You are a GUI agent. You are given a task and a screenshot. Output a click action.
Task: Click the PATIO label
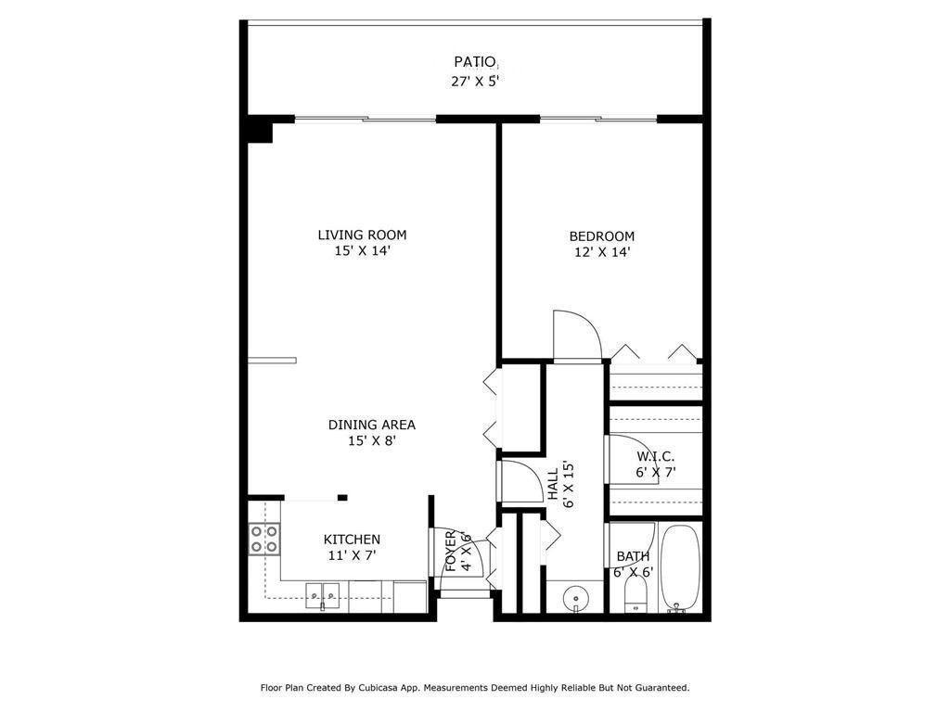pyautogui.click(x=474, y=62)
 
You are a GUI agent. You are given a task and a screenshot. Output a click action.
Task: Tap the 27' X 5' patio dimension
pyautogui.click(x=474, y=81)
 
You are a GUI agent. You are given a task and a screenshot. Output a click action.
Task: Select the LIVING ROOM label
pyautogui.click(x=362, y=235)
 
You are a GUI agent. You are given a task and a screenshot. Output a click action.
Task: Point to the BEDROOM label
pyautogui.click(x=601, y=236)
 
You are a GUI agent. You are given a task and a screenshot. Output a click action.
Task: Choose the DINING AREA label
pyautogui.click(x=371, y=425)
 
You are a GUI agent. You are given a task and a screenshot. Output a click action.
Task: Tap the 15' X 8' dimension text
pyautogui.click(x=371, y=441)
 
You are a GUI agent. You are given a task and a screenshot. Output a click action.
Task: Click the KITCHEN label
pyautogui.click(x=352, y=540)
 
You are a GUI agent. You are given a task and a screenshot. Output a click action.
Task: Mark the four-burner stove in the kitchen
pyautogui.click(x=264, y=539)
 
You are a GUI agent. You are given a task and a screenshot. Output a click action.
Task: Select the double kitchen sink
pyautogui.click(x=323, y=595)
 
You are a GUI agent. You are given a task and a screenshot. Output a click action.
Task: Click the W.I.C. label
pyautogui.click(x=655, y=456)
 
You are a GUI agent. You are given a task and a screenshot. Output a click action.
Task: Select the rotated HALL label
pyautogui.click(x=553, y=484)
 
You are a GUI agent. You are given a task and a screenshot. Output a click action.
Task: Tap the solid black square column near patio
pyautogui.click(x=260, y=129)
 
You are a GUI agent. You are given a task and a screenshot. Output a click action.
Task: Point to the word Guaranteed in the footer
pyautogui.click(x=658, y=688)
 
